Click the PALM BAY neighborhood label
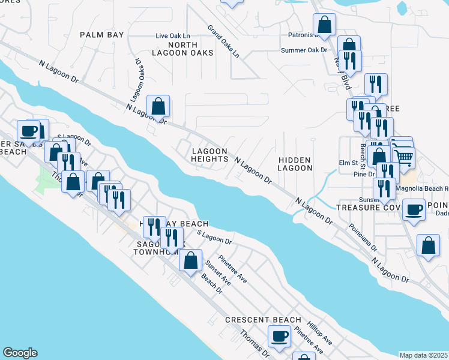102,35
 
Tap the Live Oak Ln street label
173,36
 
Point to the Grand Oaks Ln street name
223,41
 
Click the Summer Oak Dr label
304,50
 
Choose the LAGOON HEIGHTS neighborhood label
209,155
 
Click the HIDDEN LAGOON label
295,164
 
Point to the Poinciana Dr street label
364,239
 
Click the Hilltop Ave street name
319,332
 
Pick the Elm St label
348,163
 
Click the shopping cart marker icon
405,157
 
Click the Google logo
20,353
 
